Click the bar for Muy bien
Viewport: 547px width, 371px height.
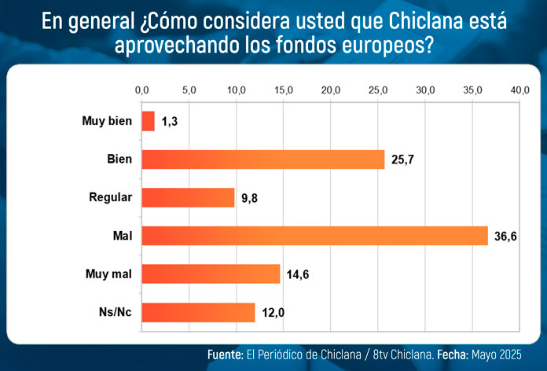[x=148, y=121]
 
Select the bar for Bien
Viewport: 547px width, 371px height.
[x=262, y=160]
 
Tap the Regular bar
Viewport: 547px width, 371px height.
[x=188, y=197]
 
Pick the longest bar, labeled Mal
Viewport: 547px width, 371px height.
[x=314, y=236]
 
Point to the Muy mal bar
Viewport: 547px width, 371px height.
[x=211, y=274]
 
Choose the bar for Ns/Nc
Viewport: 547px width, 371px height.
[x=198, y=312]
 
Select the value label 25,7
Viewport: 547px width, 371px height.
[x=404, y=160]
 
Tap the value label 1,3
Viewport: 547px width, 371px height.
[x=171, y=122]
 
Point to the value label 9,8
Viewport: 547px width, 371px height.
[x=250, y=198]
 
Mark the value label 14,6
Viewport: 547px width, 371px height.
[x=299, y=274]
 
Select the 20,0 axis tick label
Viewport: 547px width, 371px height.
[x=331, y=91]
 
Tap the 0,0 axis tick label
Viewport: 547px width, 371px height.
[x=141, y=91]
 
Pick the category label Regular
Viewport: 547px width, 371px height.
[x=111, y=197]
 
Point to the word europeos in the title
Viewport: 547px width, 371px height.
[x=383, y=46]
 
